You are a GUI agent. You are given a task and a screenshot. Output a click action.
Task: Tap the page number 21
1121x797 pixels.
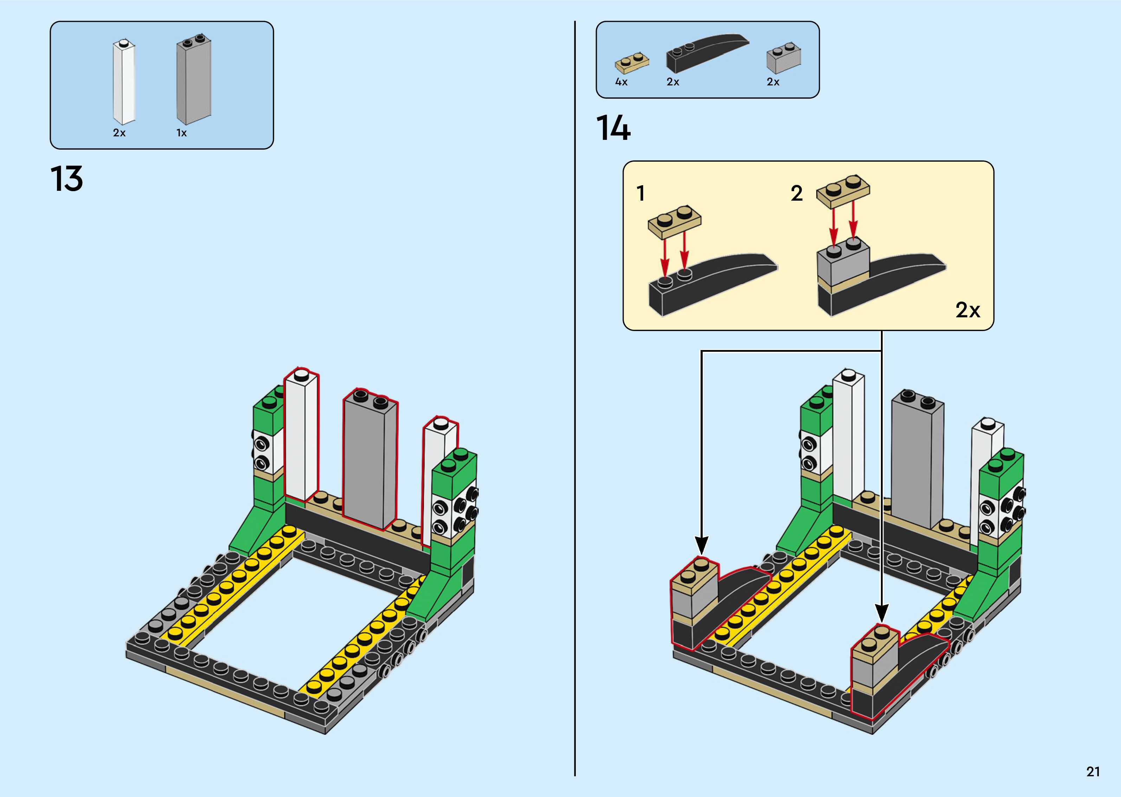[x=1093, y=771]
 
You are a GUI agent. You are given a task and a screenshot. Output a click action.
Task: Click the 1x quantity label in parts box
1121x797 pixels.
[x=182, y=133]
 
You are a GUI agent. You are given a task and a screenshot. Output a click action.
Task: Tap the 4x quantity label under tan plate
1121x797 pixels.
[x=621, y=82]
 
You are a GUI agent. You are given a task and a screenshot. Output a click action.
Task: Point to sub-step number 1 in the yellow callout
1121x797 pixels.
[x=640, y=193]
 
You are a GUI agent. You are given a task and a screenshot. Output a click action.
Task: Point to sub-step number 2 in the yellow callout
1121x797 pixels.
[x=797, y=193]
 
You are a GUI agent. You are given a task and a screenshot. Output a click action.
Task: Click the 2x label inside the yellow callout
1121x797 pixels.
[x=967, y=310]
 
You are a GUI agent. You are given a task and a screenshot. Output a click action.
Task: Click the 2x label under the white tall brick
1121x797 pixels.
[x=119, y=133]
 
